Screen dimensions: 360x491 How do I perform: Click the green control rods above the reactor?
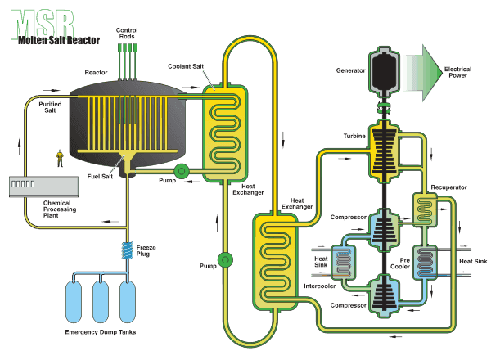(127, 59)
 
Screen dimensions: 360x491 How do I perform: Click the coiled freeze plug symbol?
(127, 250)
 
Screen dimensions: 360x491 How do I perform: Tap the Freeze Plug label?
(147, 250)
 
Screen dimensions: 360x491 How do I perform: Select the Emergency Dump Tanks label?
(99, 334)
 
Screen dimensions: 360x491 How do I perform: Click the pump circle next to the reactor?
(181, 171)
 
